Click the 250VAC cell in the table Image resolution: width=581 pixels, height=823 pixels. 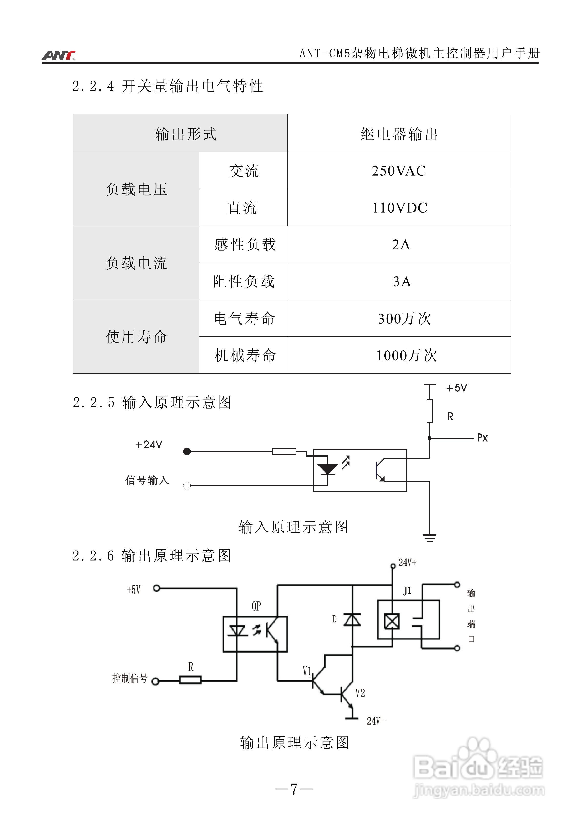pos(399,171)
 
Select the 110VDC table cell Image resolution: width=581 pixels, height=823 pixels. pos(399,208)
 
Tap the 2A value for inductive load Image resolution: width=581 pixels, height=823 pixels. pos(401,245)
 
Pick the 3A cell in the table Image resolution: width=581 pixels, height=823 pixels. pos(402,282)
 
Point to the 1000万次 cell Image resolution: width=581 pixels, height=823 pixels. pos(406,356)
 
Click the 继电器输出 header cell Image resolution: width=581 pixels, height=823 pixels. pos(399,134)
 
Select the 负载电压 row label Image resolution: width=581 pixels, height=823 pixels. pos(136,189)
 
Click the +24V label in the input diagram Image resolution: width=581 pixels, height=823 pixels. pos(148,445)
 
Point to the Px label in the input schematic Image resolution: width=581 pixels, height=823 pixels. pos(482,438)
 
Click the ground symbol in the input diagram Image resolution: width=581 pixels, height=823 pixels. pos(429,538)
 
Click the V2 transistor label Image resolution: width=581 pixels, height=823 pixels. pos(360,693)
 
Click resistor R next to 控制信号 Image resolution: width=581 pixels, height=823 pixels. pos(190,680)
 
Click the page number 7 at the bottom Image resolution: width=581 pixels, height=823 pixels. pos(294,789)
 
